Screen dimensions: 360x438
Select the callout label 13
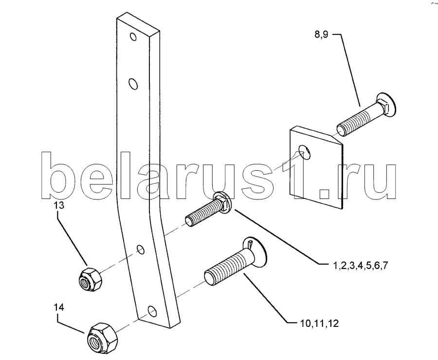tap(59, 205)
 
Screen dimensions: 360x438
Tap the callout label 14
tap(59, 307)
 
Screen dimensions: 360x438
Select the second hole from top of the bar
tap(133, 85)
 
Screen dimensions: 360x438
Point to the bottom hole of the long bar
tap(151, 310)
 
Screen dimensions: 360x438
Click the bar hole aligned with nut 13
tap(140, 250)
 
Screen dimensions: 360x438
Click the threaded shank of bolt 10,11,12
tap(227, 265)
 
